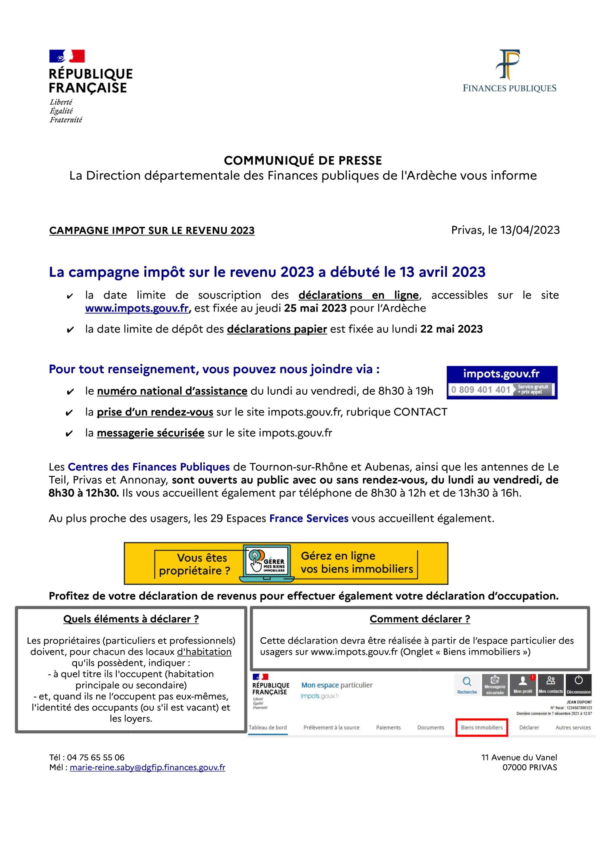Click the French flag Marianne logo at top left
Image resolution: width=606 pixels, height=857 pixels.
pos(67,56)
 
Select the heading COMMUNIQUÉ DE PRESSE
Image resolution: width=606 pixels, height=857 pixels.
pos(303,161)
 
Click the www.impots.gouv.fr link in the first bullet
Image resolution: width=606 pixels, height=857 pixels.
pos(137,308)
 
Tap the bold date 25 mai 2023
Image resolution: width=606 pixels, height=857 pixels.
pos(315,308)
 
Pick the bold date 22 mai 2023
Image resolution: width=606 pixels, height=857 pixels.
pos(451,329)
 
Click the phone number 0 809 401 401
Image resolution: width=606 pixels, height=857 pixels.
pos(481,390)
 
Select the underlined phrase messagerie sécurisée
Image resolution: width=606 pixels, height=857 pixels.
pos(150,433)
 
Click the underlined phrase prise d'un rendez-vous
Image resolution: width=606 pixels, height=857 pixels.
pos(155,412)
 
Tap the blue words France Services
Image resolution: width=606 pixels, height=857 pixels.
pos(308,519)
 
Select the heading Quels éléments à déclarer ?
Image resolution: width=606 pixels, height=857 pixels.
pos(131,619)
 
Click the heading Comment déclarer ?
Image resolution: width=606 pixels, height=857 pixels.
pos(420,619)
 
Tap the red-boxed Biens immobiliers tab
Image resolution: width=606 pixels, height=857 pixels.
pos(481,728)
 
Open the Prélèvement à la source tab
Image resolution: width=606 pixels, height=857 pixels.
pos(331,728)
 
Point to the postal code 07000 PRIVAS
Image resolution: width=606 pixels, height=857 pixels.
pos(530,767)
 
